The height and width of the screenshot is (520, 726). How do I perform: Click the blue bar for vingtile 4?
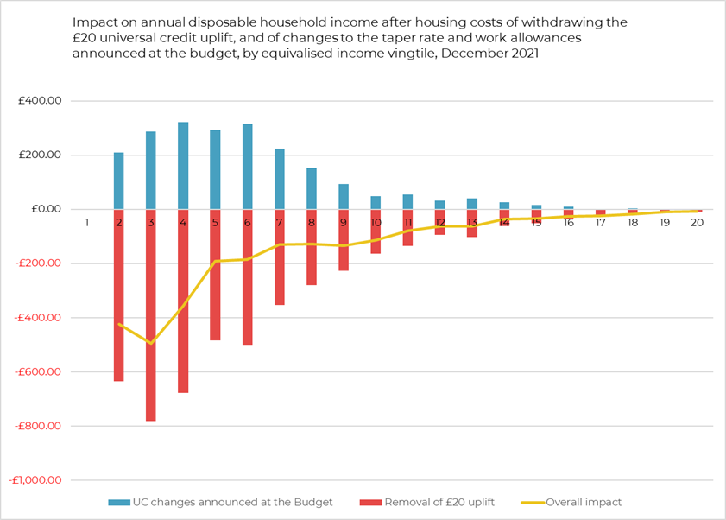[183, 166]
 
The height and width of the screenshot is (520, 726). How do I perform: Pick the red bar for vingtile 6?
[248, 276]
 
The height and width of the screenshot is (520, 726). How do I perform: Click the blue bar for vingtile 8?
[312, 188]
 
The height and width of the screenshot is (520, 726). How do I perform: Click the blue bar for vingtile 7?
[280, 179]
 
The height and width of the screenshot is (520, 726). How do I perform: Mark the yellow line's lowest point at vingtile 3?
[151, 343]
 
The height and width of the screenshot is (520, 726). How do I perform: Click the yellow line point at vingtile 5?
[215, 261]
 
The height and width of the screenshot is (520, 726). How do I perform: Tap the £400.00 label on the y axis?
[40, 101]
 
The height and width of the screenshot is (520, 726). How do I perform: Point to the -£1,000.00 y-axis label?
[35, 480]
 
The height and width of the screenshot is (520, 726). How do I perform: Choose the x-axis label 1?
[87, 223]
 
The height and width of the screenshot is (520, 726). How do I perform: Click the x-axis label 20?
[697, 223]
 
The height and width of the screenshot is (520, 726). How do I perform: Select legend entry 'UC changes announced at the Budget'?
[220, 502]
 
